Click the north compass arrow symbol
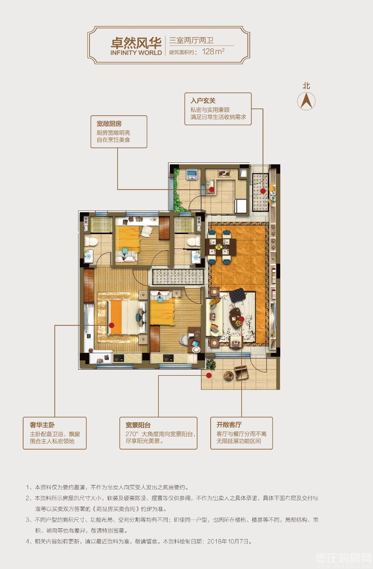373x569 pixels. point(306,101)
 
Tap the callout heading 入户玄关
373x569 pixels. point(203,101)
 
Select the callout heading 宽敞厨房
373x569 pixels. point(109,124)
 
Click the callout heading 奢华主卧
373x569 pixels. point(42,425)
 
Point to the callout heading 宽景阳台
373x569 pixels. point(138,425)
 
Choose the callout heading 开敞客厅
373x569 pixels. point(229,425)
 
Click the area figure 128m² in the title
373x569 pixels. point(213,51)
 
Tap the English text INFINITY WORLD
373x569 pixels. point(136,53)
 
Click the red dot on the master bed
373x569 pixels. point(112,325)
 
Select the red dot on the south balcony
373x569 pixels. point(209,375)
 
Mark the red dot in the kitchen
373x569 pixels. point(211,189)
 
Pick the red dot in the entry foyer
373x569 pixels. point(263,191)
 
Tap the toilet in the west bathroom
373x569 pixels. point(91,241)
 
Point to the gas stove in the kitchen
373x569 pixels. point(224,174)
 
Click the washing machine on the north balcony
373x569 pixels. point(192,174)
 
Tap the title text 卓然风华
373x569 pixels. point(136,43)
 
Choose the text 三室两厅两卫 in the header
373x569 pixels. point(191,41)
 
